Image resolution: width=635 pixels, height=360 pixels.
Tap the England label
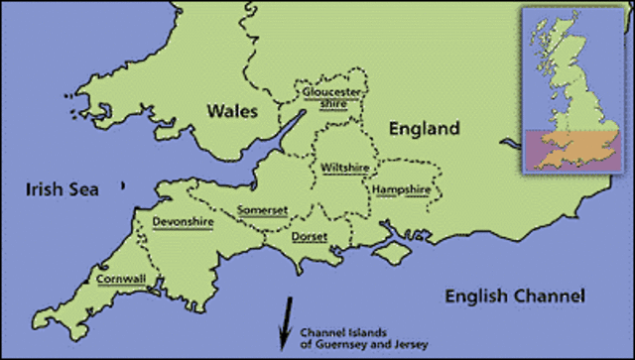point(424,129)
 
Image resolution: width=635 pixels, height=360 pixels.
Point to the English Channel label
point(515,296)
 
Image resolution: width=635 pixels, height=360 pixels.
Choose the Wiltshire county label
point(345,168)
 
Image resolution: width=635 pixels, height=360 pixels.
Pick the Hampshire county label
point(402,188)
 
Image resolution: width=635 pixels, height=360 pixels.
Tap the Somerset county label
point(263,209)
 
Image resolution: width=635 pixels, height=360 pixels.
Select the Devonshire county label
point(183,222)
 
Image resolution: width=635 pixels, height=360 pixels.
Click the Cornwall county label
point(119,279)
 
